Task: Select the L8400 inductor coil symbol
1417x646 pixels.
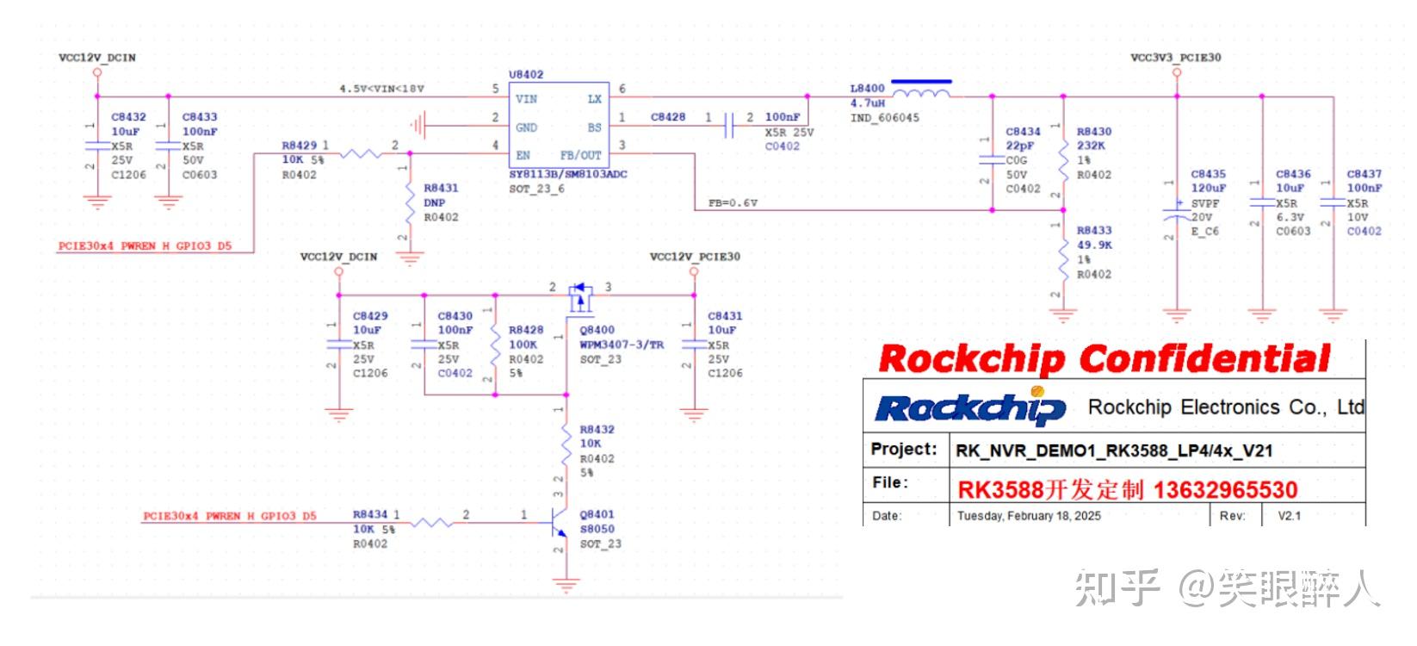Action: click(x=920, y=90)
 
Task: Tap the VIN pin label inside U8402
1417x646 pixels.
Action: click(x=526, y=99)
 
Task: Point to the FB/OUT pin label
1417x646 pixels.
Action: click(x=580, y=156)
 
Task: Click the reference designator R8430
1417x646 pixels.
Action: click(x=1094, y=132)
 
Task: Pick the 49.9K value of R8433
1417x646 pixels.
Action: click(x=1094, y=245)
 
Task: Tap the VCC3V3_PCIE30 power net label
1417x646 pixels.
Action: click(x=1175, y=58)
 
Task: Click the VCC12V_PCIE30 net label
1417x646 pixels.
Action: click(x=694, y=257)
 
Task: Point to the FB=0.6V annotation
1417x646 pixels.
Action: click(x=733, y=203)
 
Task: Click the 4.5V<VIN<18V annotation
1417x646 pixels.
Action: click(x=381, y=89)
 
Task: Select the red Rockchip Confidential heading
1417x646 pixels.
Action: click(x=1104, y=358)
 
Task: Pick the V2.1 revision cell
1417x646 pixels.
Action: click(x=1289, y=516)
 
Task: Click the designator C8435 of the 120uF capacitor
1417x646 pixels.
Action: click(x=1208, y=174)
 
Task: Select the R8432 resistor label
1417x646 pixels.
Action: click(x=597, y=429)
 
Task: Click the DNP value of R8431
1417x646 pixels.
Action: click(x=435, y=202)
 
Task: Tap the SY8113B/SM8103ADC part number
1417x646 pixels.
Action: click(x=567, y=174)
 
